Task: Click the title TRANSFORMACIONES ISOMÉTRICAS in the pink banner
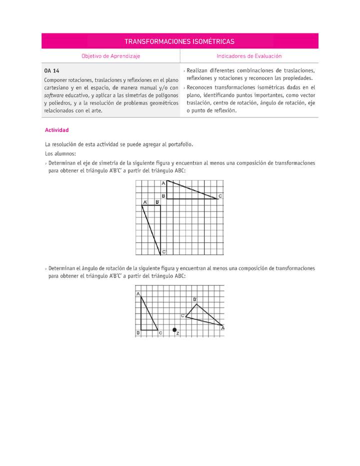point(179,41)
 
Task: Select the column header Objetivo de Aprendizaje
point(111,56)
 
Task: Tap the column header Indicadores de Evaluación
point(249,56)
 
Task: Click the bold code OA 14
point(52,71)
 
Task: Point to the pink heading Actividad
point(56,130)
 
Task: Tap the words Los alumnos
point(60,153)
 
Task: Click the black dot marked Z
point(174,329)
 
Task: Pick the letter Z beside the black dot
point(178,333)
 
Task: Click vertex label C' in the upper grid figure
point(164,252)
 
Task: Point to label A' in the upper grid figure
point(145,202)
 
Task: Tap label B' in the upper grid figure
point(157,202)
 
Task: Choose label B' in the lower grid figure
point(194,299)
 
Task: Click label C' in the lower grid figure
point(183,315)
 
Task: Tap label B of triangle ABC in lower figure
point(138,332)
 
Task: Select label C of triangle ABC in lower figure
point(160,332)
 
